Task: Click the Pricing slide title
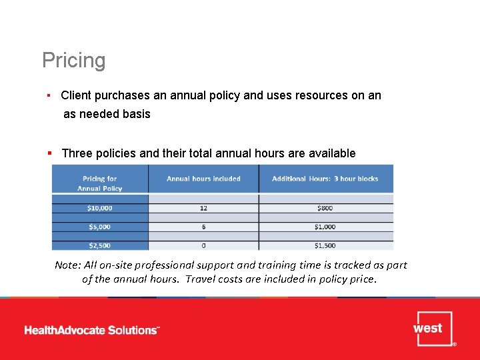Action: click(73, 61)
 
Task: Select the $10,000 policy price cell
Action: click(99, 208)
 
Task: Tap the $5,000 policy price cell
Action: click(99, 227)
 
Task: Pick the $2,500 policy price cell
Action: click(99, 245)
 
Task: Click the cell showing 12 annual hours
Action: click(203, 208)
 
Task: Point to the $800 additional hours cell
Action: click(325, 208)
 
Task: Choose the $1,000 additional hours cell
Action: click(325, 227)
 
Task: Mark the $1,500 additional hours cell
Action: click(325, 245)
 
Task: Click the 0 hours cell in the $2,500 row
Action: click(203, 245)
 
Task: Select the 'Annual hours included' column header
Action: click(203, 179)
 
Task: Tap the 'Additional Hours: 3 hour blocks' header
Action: click(325, 179)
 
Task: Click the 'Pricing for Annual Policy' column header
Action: click(99, 183)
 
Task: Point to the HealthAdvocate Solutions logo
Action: click(92, 330)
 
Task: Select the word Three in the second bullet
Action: click(77, 153)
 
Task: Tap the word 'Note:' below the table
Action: click(67, 265)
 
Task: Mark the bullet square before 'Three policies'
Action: click(50, 153)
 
